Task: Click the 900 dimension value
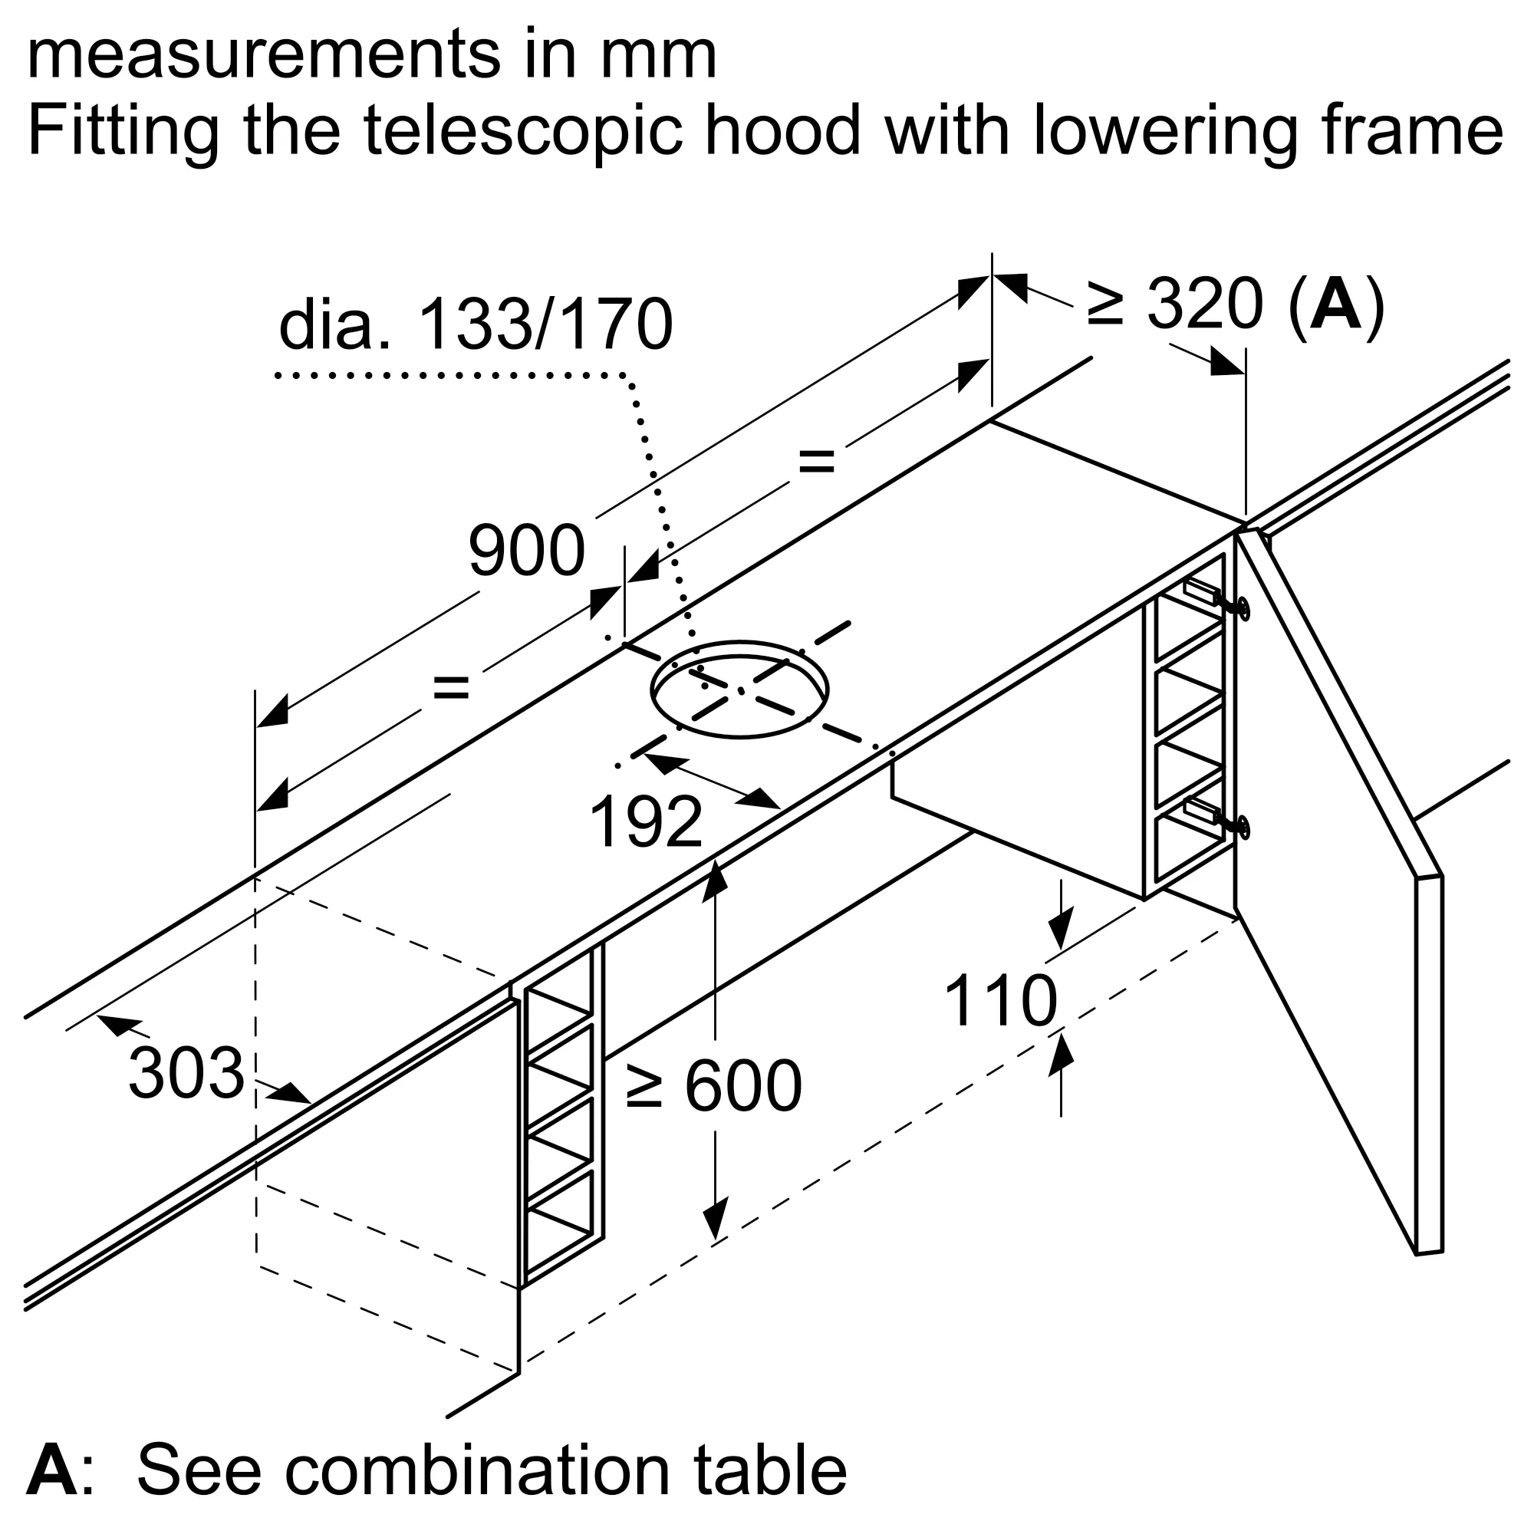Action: point(526,550)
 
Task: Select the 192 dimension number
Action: point(646,822)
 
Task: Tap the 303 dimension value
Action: point(186,1074)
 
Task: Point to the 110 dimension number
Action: point(999,1002)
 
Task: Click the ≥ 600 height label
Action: point(713,1086)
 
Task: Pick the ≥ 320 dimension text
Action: point(1174,303)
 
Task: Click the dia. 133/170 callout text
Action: point(476,324)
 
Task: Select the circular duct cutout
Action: point(739,690)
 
